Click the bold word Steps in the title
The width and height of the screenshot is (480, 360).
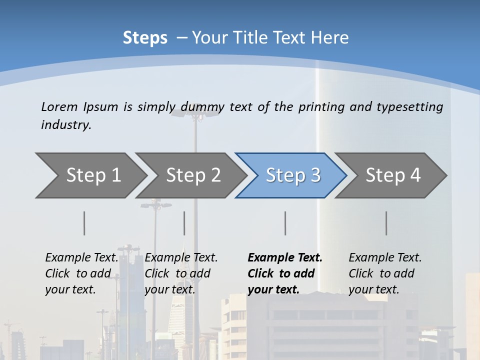[x=145, y=38]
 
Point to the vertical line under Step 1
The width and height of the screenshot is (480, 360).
[x=84, y=223]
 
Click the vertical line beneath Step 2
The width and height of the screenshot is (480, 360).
[x=184, y=223]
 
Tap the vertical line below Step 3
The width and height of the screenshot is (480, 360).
[x=285, y=223]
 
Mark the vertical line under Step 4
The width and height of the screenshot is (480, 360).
[x=386, y=223]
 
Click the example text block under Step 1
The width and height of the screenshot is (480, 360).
[x=81, y=273]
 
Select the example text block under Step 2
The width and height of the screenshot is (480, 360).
[x=181, y=273]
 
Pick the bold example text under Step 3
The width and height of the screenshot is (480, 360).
[x=284, y=273]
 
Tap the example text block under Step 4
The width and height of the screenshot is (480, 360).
[x=385, y=273]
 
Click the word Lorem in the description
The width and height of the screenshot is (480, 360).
[x=59, y=106]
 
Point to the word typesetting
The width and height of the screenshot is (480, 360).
[x=409, y=106]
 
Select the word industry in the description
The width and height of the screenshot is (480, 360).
[x=65, y=125]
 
